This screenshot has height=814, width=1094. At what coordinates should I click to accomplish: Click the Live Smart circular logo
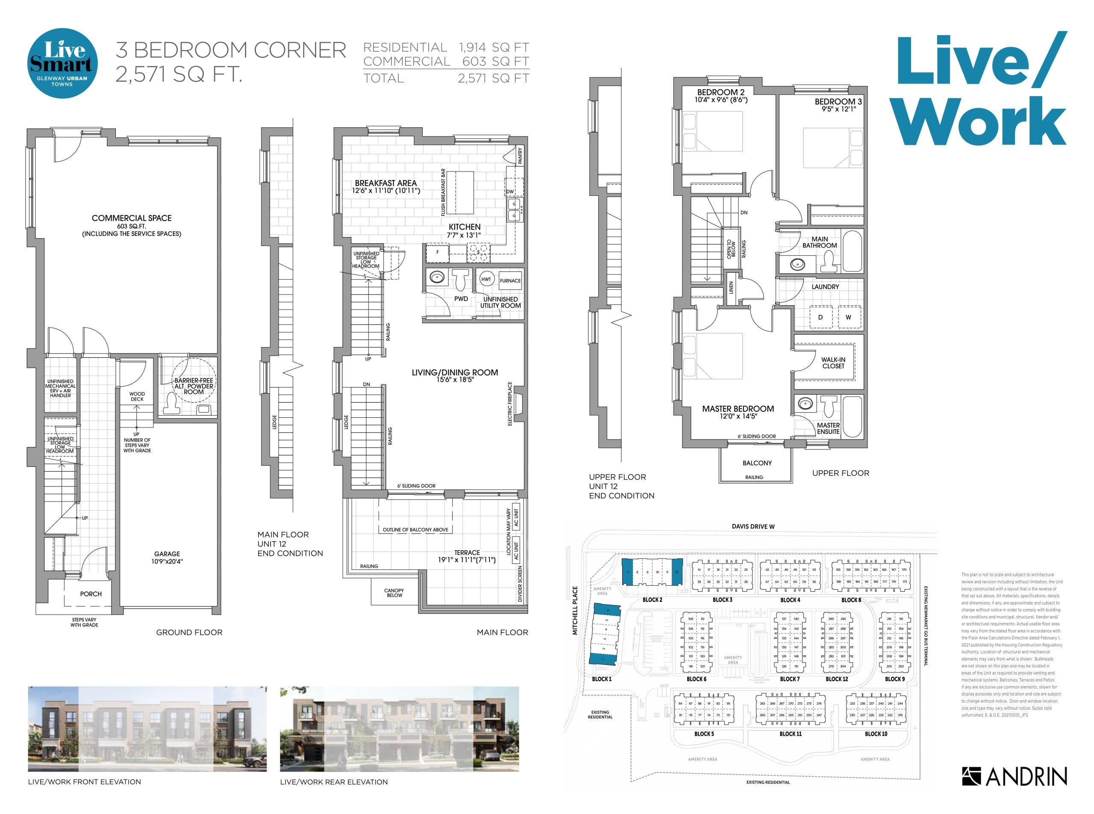click(x=62, y=63)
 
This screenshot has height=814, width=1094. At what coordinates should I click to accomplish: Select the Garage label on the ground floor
click(x=167, y=554)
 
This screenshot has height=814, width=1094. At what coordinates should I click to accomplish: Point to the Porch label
click(x=91, y=594)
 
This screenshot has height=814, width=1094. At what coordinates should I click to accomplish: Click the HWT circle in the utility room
click(x=485, y=279)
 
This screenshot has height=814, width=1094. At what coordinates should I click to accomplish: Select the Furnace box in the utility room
click(x=510, y=280)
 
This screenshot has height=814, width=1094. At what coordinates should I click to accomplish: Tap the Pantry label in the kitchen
click(x=520, y=156)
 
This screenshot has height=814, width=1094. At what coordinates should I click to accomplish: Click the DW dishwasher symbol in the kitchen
click(x=510, y=192)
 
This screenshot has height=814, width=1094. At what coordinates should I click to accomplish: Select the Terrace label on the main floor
click(x=467, y=553)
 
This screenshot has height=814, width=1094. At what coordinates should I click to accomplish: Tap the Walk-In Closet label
click(x=833, y=363)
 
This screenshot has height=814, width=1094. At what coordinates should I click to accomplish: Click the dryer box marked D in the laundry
click(x=820, y=317)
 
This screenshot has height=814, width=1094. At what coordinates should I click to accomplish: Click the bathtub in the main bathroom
click(x=852, y=252)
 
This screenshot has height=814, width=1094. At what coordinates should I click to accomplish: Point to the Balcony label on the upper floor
click(x=757, y=463)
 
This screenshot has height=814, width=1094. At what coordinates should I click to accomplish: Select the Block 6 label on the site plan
click(x=696, y=679)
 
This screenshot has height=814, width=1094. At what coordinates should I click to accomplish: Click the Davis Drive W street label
click(x=753, y=527)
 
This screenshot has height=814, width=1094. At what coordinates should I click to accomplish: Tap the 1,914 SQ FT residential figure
click(x=494, y=47)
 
